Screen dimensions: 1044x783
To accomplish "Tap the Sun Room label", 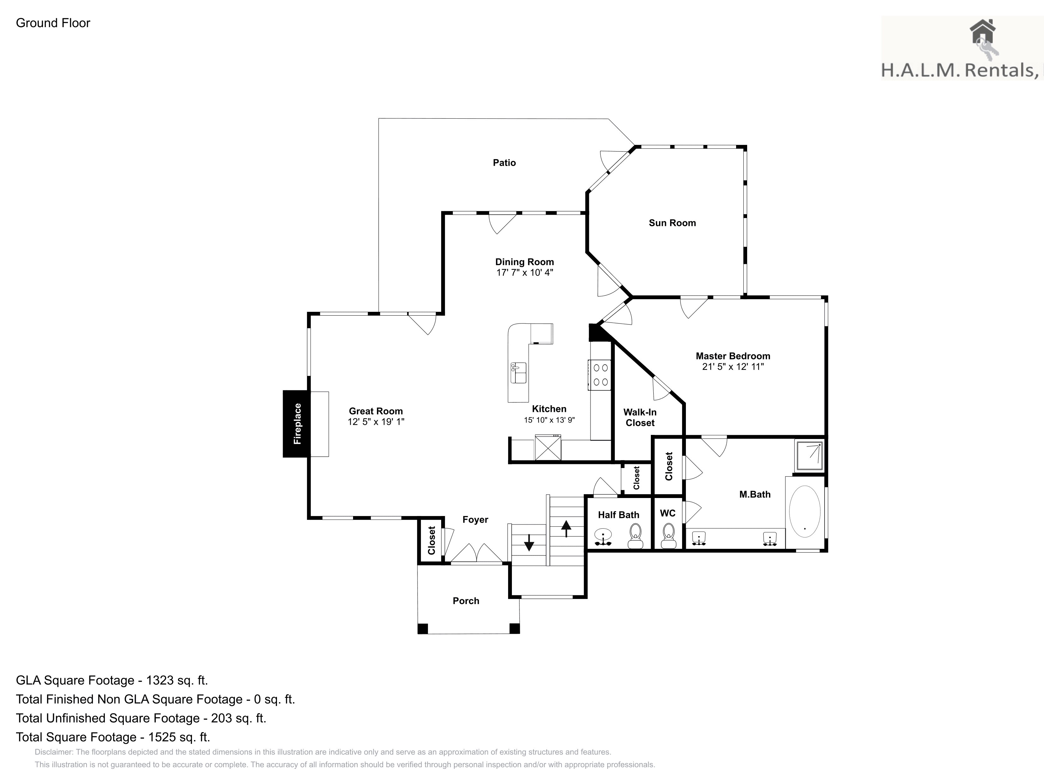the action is click(672, 223).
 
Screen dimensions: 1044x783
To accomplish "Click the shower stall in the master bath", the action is click(809, 456).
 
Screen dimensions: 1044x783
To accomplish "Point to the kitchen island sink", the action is click(518, 373).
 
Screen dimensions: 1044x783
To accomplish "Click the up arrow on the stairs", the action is click(566, 528).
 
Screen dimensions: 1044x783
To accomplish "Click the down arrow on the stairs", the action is click(529, 543).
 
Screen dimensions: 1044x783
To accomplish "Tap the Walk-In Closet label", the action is click(640, 418).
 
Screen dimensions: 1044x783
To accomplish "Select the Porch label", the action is click(466, 601).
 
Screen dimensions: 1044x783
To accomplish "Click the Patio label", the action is click(504, 163).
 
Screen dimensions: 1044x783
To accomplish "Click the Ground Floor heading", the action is click(53, 23).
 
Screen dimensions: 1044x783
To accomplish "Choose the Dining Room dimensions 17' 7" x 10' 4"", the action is click(524, 273).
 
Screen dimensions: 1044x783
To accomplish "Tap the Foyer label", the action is click(475, 520).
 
